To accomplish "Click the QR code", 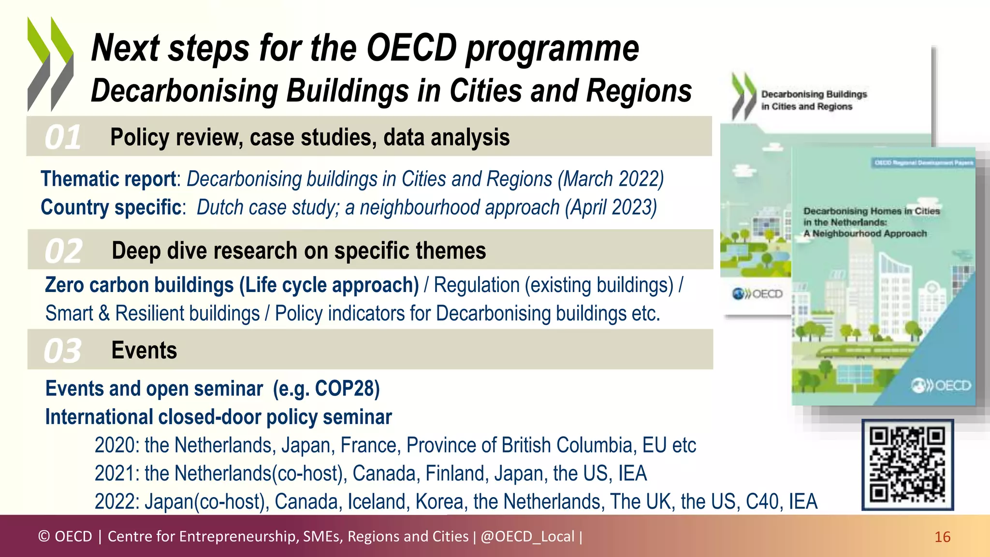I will [x=907, y=465].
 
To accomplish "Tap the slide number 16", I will [x=942, y=537].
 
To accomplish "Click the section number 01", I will [x=63, y=137].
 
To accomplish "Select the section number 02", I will [x=63, y=251].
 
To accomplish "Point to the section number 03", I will [x=63, y=351].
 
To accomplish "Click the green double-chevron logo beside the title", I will [x=50, y=64].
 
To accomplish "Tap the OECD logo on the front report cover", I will [x=941, y=386].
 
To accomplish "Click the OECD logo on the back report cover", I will [x=757, y=294].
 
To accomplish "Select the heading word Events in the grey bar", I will [x=144, y=351].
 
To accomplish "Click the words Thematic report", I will [x=108, y=179].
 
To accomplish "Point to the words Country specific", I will [x=111, y=207].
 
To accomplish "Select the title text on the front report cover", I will [x=871, y=222].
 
